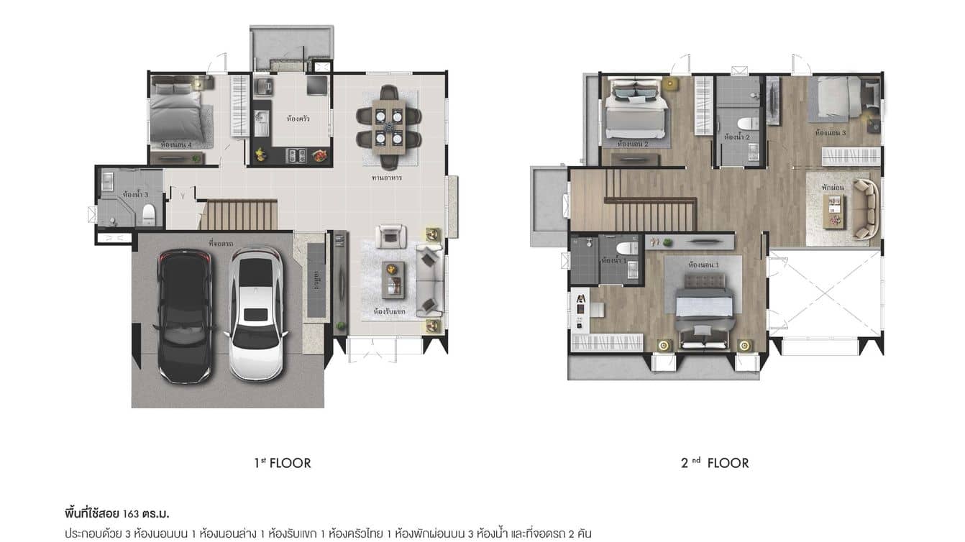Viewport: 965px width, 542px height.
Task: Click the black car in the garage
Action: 185,315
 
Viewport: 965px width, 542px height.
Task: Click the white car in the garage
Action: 255,313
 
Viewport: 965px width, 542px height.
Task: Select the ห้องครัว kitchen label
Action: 298,119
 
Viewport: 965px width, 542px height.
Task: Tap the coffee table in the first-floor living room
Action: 393,280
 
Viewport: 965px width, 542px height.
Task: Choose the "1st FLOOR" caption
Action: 283,463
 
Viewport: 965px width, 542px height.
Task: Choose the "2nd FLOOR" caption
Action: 715,463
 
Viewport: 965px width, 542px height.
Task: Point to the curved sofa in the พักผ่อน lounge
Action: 866,209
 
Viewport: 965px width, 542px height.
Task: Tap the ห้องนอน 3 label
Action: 831,134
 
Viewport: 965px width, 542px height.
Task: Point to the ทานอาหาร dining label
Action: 387,178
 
